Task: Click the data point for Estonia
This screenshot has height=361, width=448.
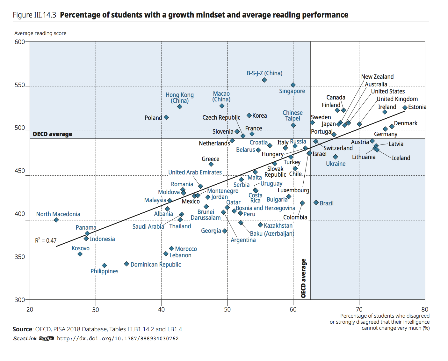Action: pyautogui.click(x=405, y=108)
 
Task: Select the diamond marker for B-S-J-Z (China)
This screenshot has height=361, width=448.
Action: pyautogui.click(x=264, y=80)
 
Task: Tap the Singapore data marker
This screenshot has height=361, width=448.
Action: pyautogui.click(x=293, y=85)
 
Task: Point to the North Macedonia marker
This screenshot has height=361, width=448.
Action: pyautogui.click(x=56, y=220)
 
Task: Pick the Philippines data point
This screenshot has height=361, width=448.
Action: pyautogui.click(x=104, y=265)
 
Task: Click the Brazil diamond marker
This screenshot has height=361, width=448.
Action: pyautogui.click(x=316, y=203)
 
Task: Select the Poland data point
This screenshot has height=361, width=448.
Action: pyautogui.click(x=166, y=117)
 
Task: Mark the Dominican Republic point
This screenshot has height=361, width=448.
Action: pyautogui.click(x=126, y=264)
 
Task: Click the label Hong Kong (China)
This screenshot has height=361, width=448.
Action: pyautogui.click(x=179, y=98)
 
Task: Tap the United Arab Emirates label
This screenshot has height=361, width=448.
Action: pyautogui.click(x=195, y=172)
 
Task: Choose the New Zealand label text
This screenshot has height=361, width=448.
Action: pyautogui.click(x=377, y=77)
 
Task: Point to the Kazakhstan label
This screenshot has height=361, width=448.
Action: pyautogui.click(x=278, y=225)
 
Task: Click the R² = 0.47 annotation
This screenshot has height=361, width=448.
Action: pyautogui.click(x=46, y=240)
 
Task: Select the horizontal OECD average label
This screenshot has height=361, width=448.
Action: pyautogui.click(x=52, y=134)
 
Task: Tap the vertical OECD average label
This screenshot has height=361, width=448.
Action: pyautogui.click(x=303, y=278)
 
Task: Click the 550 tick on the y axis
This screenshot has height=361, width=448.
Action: pyautogui.click(x=20, y=85)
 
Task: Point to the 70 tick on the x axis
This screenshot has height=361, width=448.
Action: pyautogui.click(x=359, y=309)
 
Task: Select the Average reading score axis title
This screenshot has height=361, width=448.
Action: pyautogui.click(x=40, y=33)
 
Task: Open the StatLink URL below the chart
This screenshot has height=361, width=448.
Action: pyautogui.click(x=118, y=338)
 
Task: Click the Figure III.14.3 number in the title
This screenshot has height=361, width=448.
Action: pyautogui.click(x=34, y=15)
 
